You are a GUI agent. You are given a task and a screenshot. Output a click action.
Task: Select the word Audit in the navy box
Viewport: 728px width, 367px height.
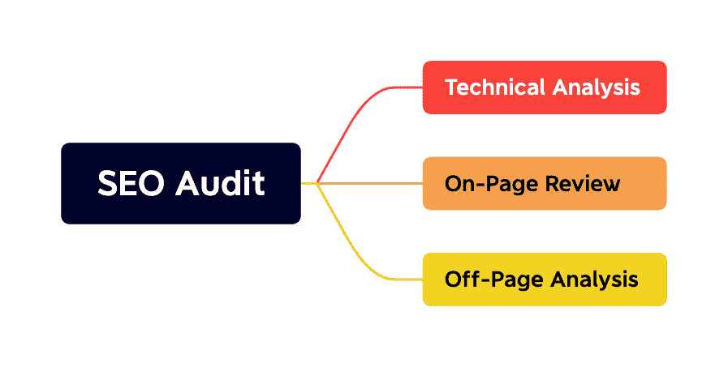[x=221, y=184]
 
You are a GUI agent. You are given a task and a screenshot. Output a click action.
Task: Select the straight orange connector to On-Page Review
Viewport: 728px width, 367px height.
[x=373, y=184]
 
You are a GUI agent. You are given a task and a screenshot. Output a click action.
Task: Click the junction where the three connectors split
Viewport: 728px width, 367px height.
[x=317, y=184]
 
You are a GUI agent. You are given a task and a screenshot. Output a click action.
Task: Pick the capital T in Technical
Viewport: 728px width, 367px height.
[x=450, y=87]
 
